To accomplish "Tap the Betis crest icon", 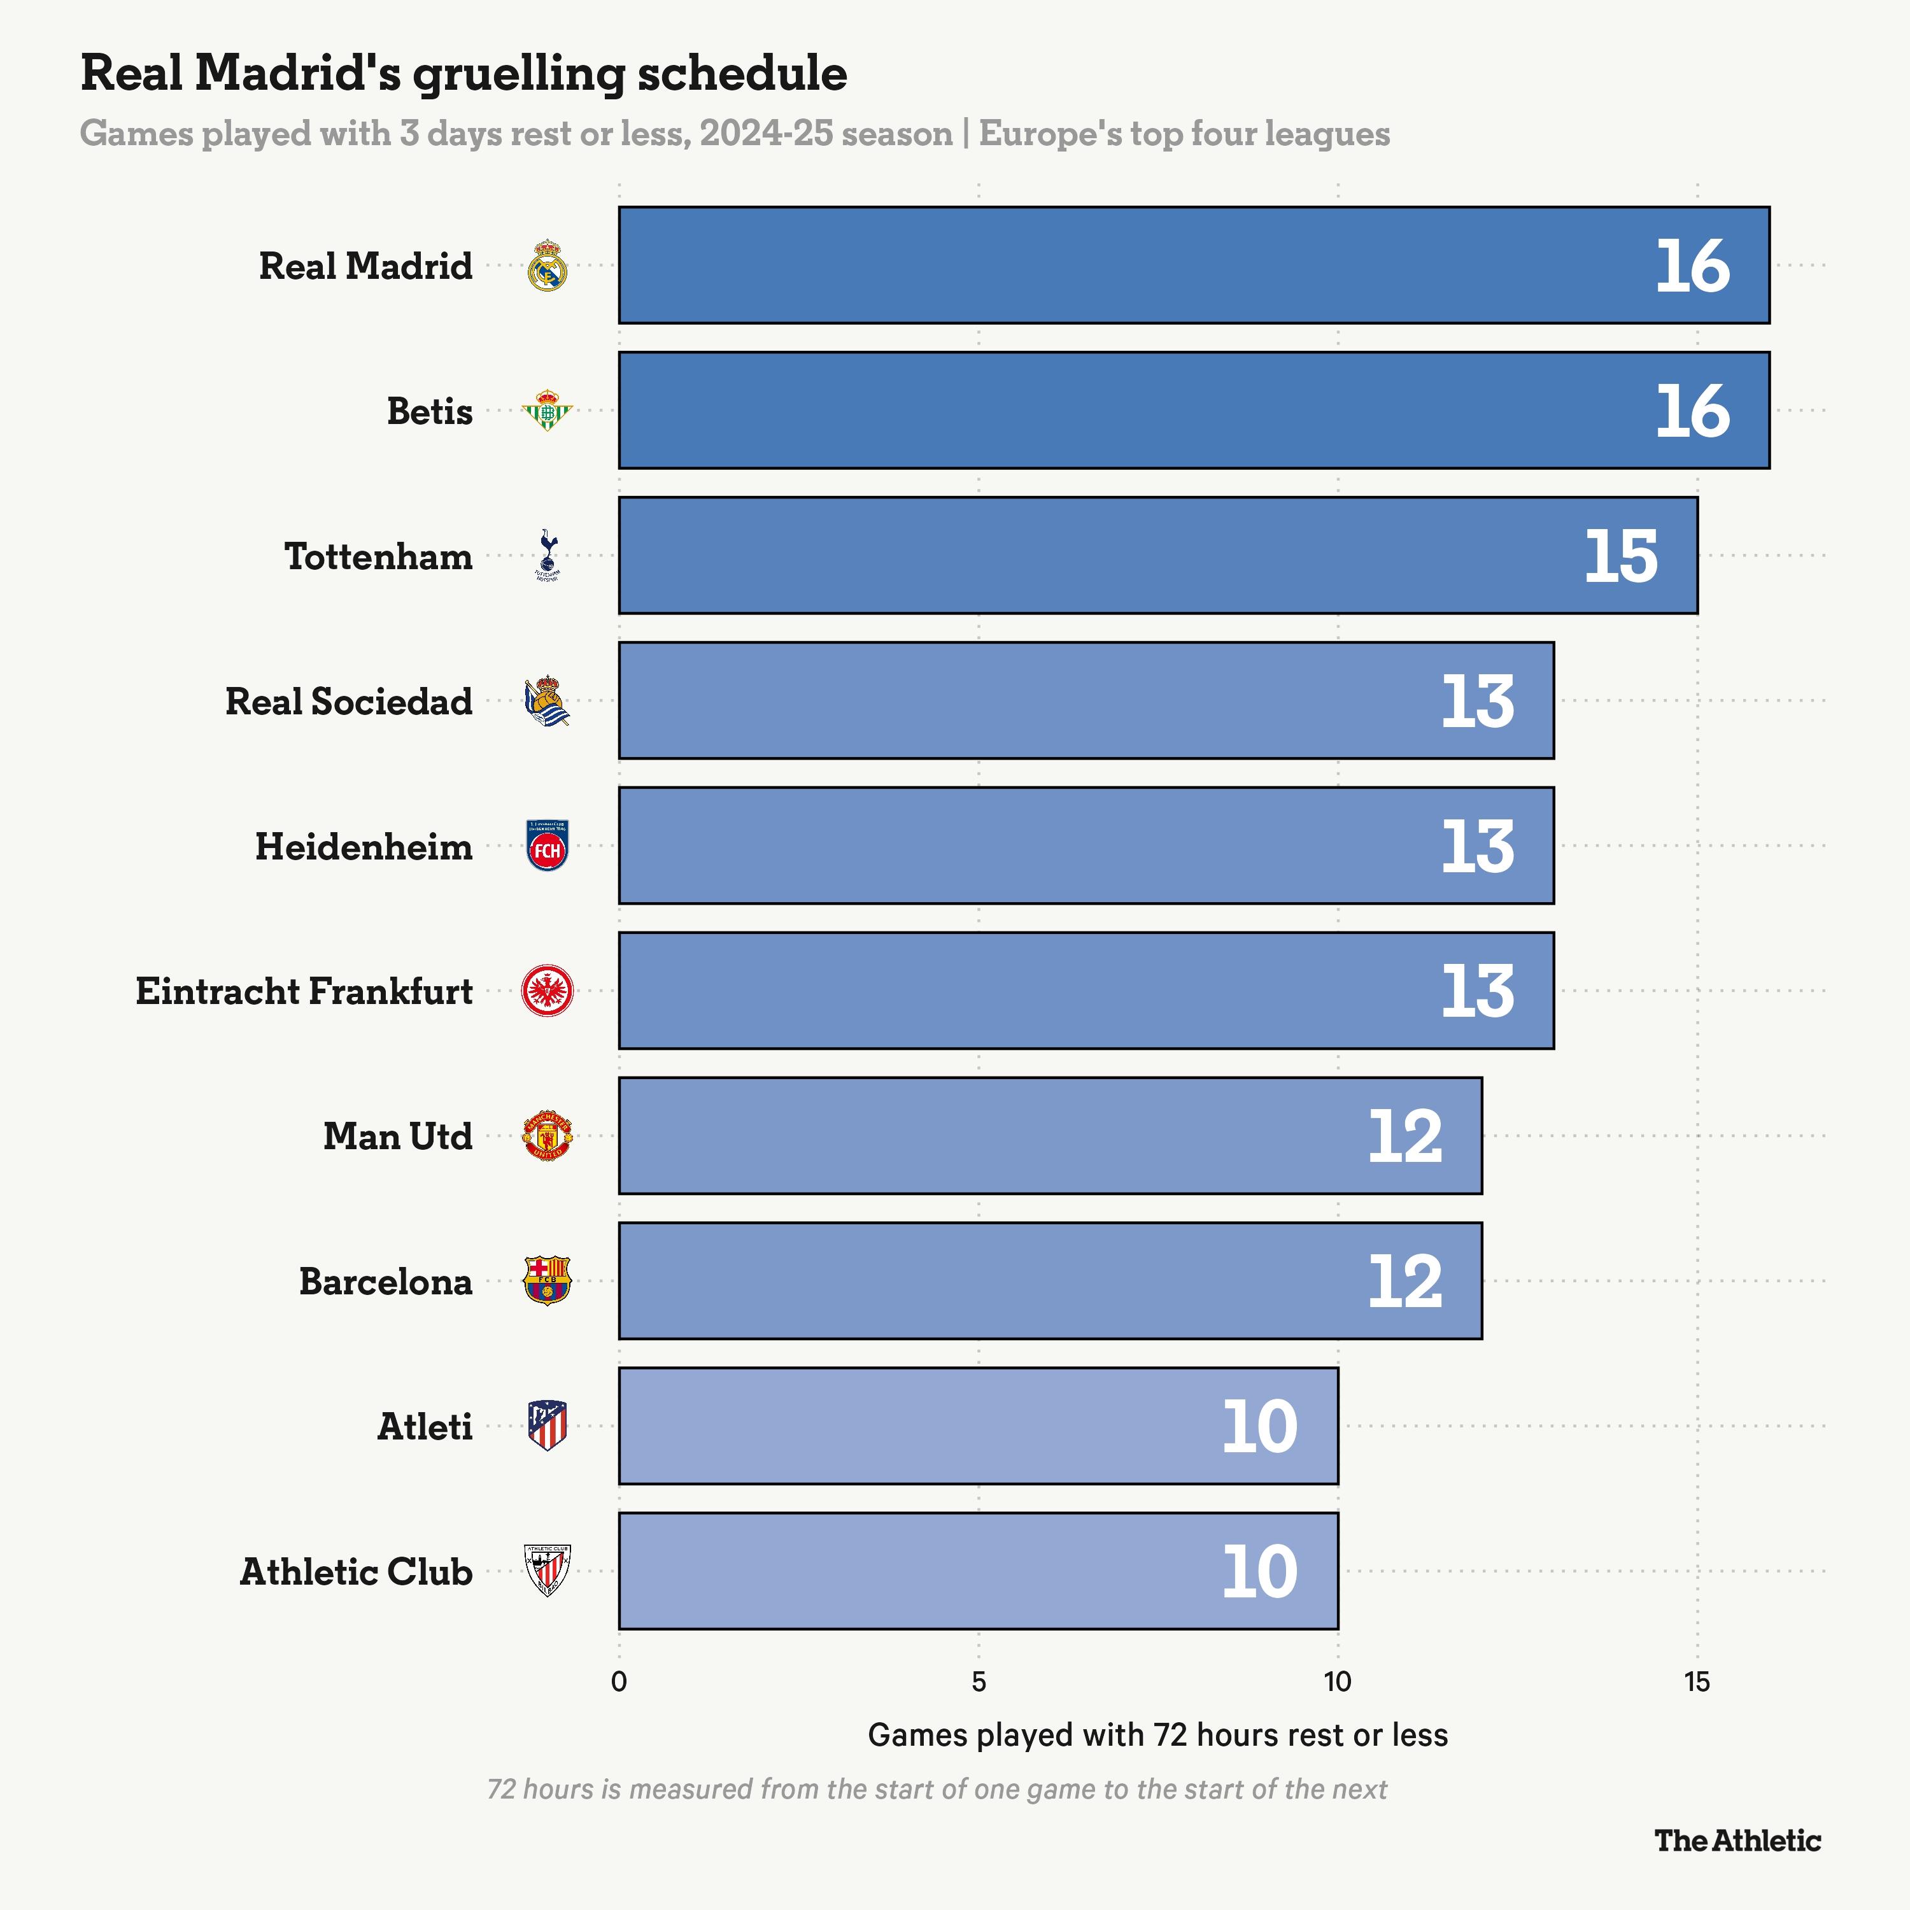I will [x=547, y=410].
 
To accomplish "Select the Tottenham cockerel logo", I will [x=547, y=555].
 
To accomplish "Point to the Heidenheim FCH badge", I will [x=547, y=846].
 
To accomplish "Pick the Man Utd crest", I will [x=547, y=1136].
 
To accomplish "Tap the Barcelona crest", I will [x=547, y=1280].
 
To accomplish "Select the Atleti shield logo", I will [x=547, y=1425].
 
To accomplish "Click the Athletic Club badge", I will [x=547, y=1570].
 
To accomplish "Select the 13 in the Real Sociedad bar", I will [x=1477, y=702].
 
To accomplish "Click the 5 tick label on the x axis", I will [x=978, y=1681].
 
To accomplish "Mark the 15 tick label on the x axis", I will [x=1697, y=1681].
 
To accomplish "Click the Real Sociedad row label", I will [x=349, y=701].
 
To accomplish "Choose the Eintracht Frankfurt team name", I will [x=304, y=991].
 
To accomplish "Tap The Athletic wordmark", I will [x=1737, y=1841].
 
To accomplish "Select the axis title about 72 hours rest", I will [x=1157, y=1735].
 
